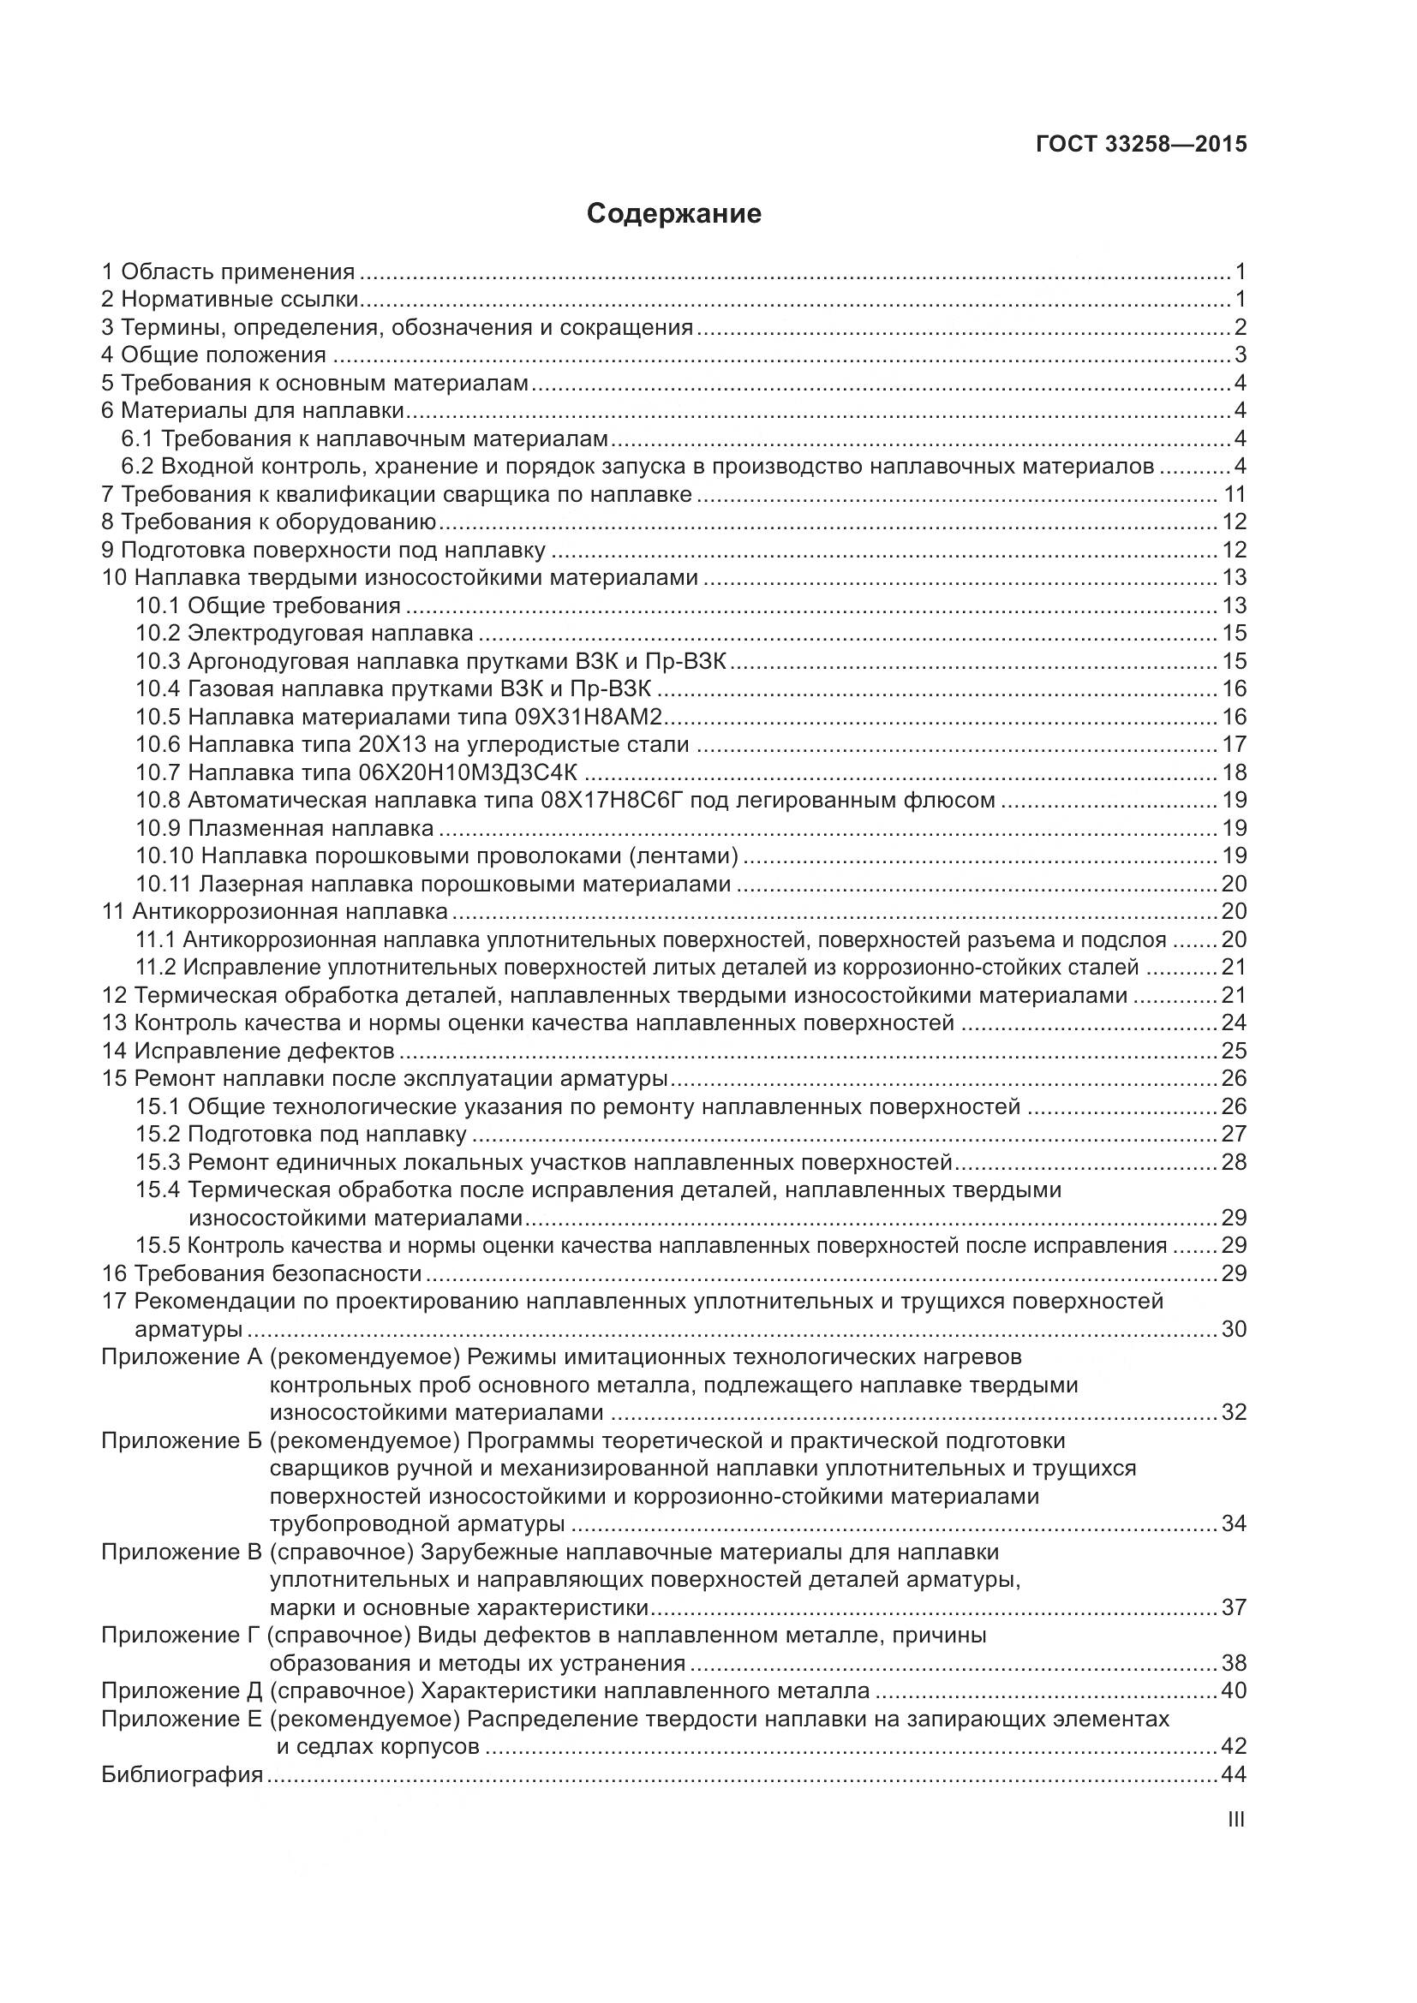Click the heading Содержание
pos(673,214)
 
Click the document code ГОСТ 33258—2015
pos(1141,144)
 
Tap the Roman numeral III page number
pos(1235,1820)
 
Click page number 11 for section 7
pos(1234,495)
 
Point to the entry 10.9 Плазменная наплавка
pos(284,828)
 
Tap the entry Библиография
pos(182,1774)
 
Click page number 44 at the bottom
pos(1234,1774)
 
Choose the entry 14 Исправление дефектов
pos(248,1052)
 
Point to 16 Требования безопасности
pos(262,1273)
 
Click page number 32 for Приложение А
pos(1234,1412)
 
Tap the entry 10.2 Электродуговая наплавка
pos(304,634)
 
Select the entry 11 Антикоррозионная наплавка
pos(275,912)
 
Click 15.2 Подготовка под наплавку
pos(301,1135)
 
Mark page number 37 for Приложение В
pos(1234,1607)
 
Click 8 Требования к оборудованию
pos(269,522)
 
